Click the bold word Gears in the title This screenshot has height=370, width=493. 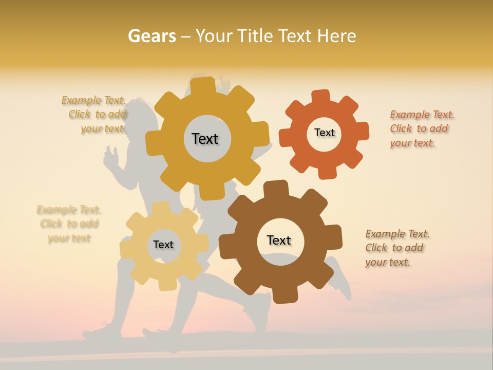click(151, 36)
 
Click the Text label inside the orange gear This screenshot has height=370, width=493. click(325, 133)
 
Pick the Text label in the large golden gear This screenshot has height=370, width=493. click(205, 139)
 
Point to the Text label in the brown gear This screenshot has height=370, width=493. click(279, 240)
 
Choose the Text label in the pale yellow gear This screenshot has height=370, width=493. click(163, 245)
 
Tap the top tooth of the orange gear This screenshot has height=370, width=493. click(321, 97)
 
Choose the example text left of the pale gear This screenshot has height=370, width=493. click(69, 224)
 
